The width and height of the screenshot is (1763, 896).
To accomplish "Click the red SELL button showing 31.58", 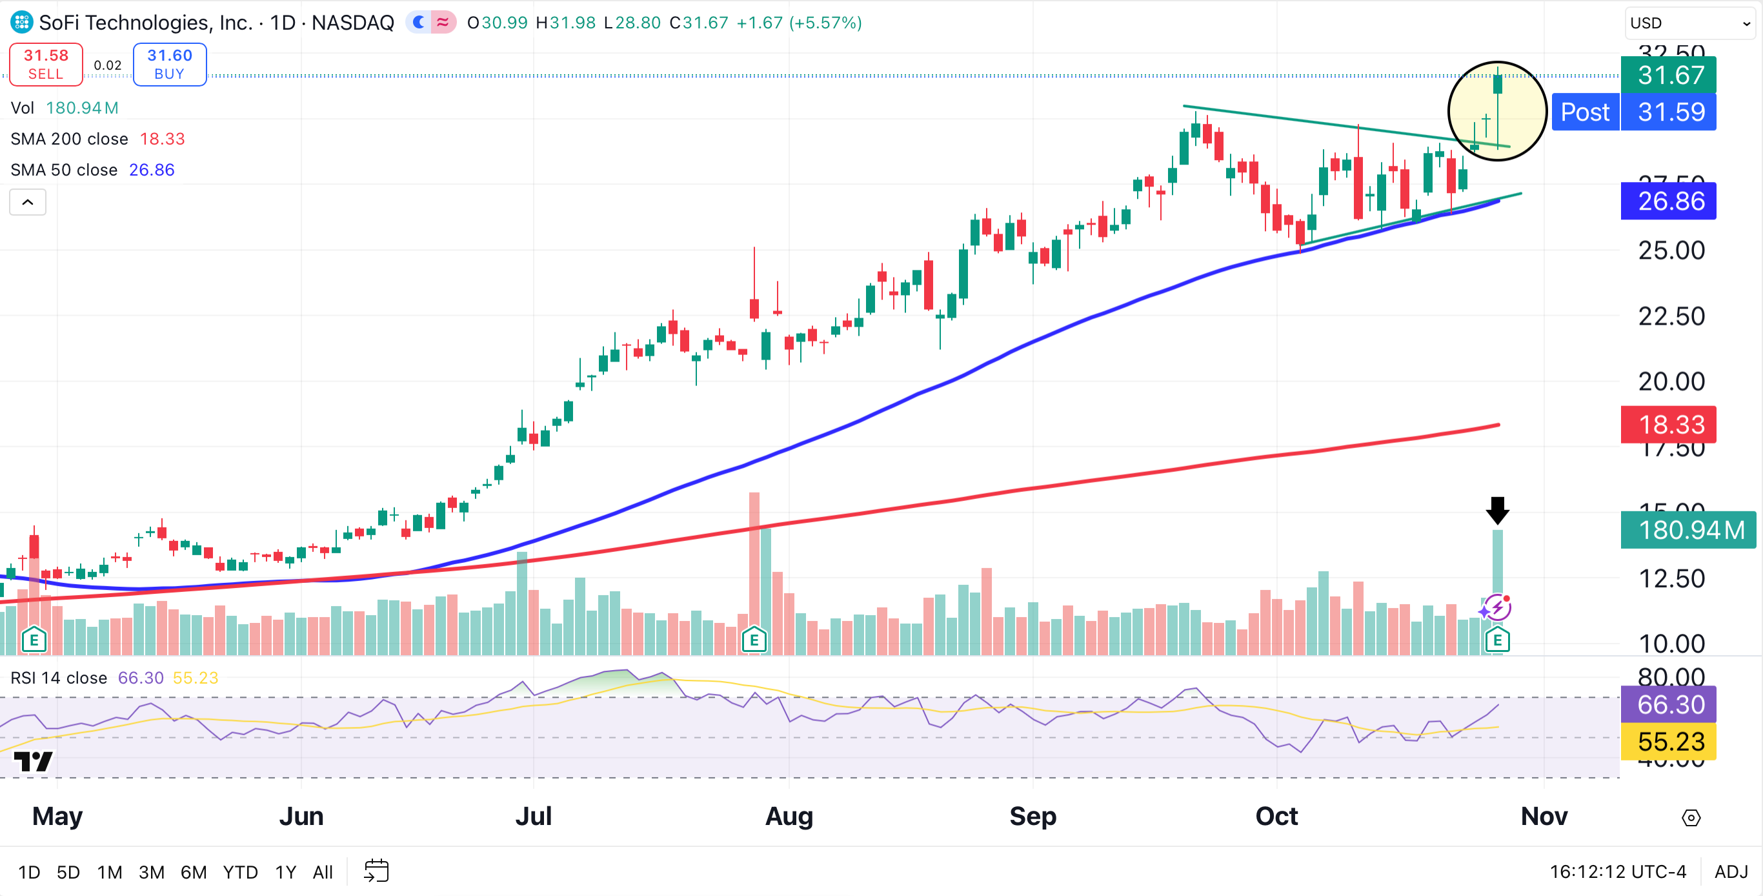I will click(x=46, y=65).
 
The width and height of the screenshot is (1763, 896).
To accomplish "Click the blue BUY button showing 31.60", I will click(x=169, y=65).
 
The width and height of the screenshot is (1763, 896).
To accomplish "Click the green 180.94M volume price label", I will click(x=1687, y=530).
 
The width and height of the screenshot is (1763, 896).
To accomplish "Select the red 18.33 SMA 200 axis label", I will click(x=1668, y=425).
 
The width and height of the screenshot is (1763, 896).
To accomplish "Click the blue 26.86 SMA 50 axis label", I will click(x=1668, y=201).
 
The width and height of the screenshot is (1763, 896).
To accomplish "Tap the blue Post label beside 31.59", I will click(x=1585, y=112).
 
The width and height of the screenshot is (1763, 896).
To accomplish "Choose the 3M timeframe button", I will click(x=151, y=872).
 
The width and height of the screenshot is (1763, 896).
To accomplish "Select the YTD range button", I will click(x=239, y=872).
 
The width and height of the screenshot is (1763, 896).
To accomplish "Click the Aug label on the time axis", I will click(x=789, y=816).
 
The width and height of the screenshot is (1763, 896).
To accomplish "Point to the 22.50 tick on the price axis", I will click(x=1671, y=316).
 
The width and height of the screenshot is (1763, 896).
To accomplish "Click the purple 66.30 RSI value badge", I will click(x=1668, y=704).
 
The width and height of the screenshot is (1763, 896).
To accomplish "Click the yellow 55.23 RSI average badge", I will click(x=1668, y=742).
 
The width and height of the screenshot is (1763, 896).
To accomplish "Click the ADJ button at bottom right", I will click(x=1731, y=872).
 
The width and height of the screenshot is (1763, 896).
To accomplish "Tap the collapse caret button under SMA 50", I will click(x=27, y=202).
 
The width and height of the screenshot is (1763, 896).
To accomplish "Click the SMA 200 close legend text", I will click(x=69, y=139).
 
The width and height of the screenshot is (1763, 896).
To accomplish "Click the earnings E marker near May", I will click(x=34, y=640).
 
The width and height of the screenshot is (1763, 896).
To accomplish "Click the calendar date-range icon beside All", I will click(x=376, y=871).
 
